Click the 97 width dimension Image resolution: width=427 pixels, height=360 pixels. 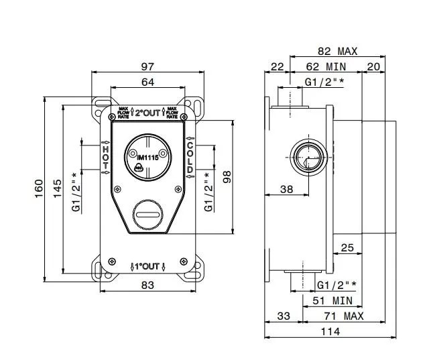coord(148,66)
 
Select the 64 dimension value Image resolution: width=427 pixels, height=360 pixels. coord(148,82)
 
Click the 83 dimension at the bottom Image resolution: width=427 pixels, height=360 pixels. coord(148,285)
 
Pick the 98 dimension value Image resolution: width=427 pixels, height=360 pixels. coord(227,178)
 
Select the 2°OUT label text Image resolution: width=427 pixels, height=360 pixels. coord(148,113)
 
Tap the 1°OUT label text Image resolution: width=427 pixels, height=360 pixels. coord(148,266)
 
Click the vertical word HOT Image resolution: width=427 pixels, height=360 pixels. coord(105,158)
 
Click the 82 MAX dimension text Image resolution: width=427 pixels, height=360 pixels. coord(337,51)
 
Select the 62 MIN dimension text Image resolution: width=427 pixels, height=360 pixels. coord(326,66)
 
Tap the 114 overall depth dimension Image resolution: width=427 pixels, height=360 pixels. coord(330,331)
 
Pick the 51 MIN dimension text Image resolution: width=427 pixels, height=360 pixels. coord(333,301)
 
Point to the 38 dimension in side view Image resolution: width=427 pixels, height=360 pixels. coord(287,190)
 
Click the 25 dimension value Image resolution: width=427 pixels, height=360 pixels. coord(347,248)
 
